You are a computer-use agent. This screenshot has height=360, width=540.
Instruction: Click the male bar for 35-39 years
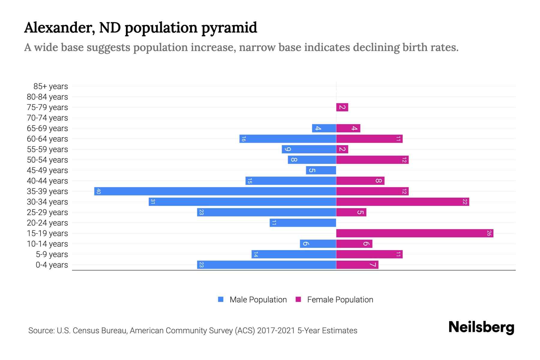click(x=215, y=191)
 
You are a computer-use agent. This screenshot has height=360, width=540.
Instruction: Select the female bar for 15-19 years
click(x=415, y=233)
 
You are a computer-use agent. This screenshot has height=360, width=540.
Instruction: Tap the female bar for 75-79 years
click(x=342, y=107)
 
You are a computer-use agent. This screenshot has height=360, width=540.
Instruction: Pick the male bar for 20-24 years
click(x=303, y=223)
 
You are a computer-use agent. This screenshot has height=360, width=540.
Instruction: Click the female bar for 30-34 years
click(x=403, y=202)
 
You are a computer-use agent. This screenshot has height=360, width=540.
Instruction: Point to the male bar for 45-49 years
click(x=321, y=170)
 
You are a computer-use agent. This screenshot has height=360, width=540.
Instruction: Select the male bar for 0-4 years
click(x=266, y=265)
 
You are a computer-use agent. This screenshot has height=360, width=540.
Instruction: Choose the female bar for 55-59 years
click(x=342, y=149)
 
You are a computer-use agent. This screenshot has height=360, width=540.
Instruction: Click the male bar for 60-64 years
click(x=288, y=139)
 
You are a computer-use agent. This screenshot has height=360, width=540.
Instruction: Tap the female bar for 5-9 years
click(x=369, y=254)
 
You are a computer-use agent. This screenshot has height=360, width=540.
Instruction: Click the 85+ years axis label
click(x=51, y=86)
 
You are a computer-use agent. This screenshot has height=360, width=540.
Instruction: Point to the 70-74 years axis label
click(x=47, y=118)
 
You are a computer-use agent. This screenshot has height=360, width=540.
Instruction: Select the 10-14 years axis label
click(x=47, y=244)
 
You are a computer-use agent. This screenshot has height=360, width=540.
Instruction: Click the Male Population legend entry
click(x=258, y=300)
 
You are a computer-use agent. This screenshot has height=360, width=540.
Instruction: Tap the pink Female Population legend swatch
click(x=298, y=299)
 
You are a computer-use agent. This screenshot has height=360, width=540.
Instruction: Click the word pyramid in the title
click(x=229, y=28)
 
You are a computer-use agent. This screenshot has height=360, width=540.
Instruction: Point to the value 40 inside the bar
click(x=98, y=191)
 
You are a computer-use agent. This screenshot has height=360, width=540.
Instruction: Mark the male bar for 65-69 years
click(x=324, y=128)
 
